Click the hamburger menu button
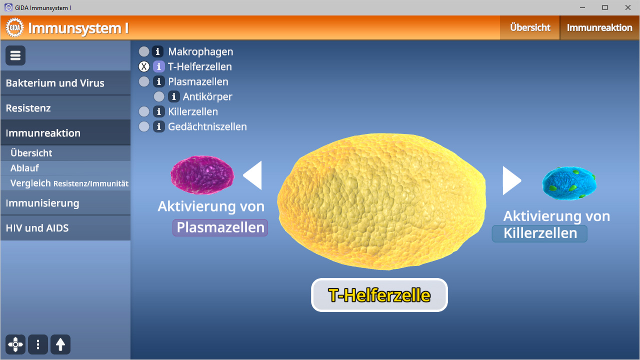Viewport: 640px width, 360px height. click(x=15, y=55)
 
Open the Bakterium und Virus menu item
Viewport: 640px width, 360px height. click(x=55, y=83)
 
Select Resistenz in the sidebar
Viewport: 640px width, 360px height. click(x=28, y=108)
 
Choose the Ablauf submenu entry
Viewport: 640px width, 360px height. click(x=24, y=168)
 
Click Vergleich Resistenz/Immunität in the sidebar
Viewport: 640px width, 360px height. click(x=69, y=183)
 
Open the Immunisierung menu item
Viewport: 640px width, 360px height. click(x=42, y=203)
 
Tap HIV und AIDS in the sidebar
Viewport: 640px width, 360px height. click(x=37, y=228)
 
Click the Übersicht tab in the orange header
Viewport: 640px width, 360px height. click(x=530, y=27)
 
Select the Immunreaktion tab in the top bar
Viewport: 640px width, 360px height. click(x=599, y=27)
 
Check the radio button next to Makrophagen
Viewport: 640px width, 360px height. click(x=144, y=51)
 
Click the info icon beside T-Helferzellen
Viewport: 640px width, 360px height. click(x=158, y=66)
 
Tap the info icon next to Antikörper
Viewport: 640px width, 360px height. click(x=173, y=96)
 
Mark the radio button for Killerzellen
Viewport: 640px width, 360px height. click(x=144, y=111)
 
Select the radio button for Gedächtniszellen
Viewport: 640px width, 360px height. click(x=144, y=126)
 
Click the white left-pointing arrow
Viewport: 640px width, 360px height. click(x=253, y=175)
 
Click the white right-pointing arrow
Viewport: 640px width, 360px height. click(x=511, y=180)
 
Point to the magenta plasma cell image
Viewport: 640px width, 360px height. click(x=202, y=175)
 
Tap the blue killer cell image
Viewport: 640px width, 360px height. click(x=569, y=183)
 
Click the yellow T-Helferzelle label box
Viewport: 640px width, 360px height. click(x=379, y=295)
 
